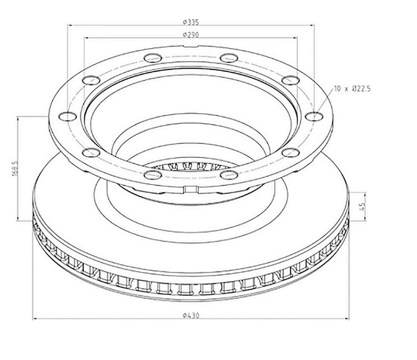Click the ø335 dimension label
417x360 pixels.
tap(190, 22)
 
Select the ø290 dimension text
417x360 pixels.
tap(190, 34)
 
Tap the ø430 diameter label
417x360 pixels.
tap(190, 316)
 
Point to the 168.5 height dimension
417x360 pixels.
tap(15, 168)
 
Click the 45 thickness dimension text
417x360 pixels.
tap(362, 206)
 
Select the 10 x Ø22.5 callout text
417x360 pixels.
tap(352, 89)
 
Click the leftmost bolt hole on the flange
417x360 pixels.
tap(67, 116)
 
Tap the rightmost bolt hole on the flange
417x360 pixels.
tap(314, 116)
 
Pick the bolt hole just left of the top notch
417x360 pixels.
tap(153, 58)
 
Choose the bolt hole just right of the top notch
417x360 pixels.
tap(229, 58)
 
